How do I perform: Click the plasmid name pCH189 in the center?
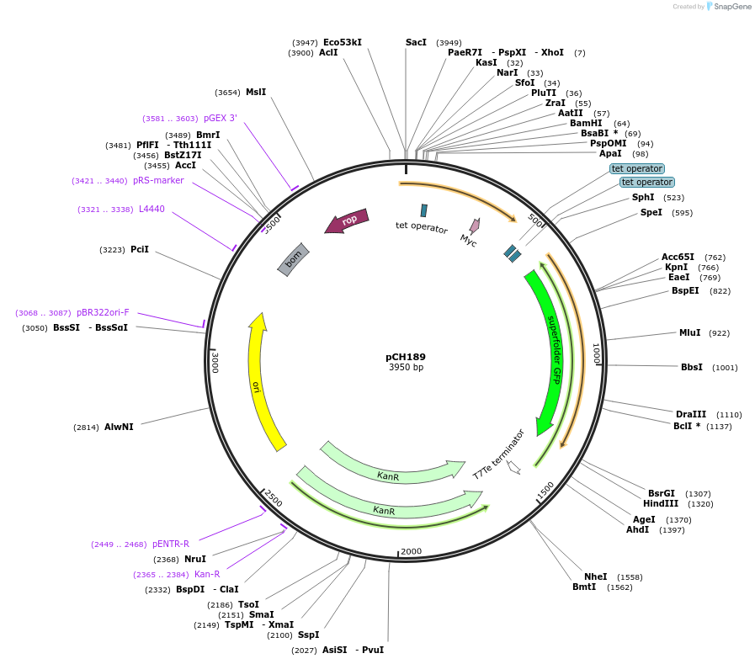(x=406, y=356)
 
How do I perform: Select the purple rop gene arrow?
(x=347, y=220)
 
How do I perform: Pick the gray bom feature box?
(x=294, y=259)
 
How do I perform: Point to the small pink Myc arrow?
(x=474, y=226)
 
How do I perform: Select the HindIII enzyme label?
(x=660, y=504)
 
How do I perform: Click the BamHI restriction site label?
(x=586, y=124)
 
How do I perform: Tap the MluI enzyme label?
(x=689, y=332)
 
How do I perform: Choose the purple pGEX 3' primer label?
(x=221, y=119)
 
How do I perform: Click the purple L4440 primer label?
(x=152, y=209)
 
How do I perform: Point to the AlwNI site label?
(x=119, y=427)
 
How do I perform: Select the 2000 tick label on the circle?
(x=411, y=551)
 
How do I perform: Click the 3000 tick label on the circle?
(x=215, y=363)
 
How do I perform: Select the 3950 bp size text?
(x=406, y=368)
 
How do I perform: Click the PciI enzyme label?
(x=140, y=249)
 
